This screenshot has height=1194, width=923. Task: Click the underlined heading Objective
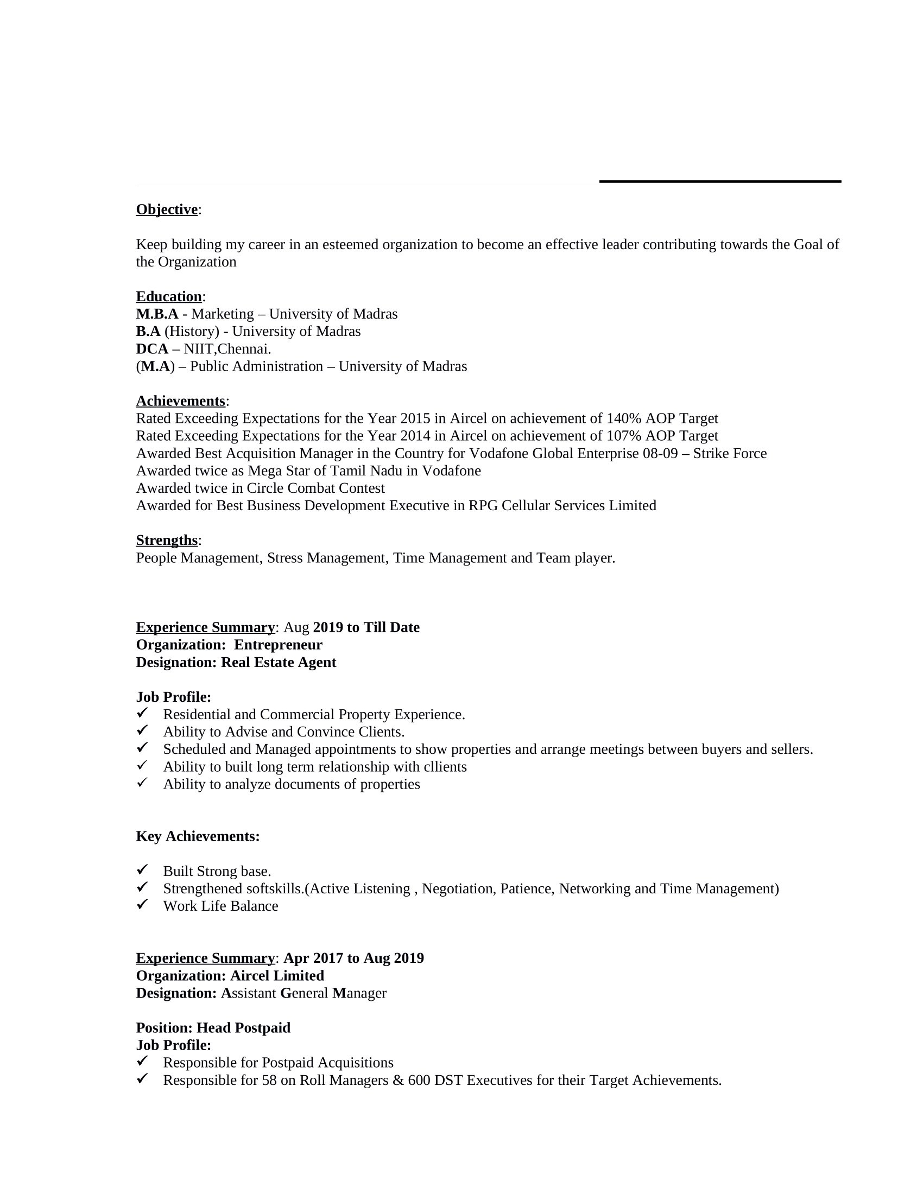coord(166,209)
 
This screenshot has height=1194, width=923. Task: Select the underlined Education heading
coord(168,296)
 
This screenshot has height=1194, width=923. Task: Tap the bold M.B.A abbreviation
coord(157,314)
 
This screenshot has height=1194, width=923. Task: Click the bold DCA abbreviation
coord(151,349)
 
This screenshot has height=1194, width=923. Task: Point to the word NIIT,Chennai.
coord(227,349)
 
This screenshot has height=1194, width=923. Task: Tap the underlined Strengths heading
coord(166,540)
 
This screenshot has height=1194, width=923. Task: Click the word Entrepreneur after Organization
coord(278,645)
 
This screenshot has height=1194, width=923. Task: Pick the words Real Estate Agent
coord(279,662)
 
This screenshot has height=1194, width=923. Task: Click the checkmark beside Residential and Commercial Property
coord(142,713)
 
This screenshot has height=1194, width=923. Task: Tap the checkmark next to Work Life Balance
coord(142,904)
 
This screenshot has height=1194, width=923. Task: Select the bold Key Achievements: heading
coord(198,836)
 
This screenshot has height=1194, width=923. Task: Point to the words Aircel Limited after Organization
coord(277,975)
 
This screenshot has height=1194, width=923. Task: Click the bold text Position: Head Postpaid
coord(213,1028)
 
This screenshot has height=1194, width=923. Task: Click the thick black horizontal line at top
coord(719,181)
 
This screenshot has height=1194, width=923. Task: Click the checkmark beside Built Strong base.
coord(142,869)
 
